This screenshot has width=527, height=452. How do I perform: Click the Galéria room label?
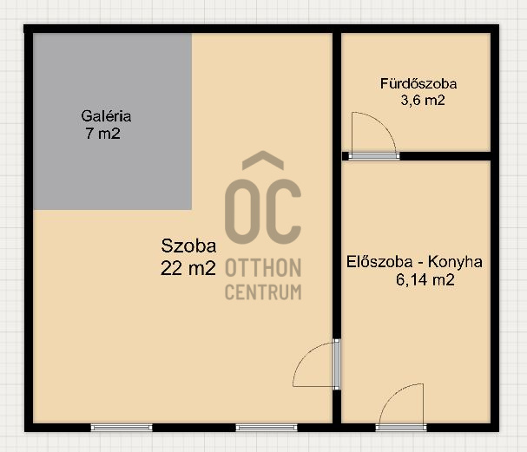pyautogui.click(x=106, y=116)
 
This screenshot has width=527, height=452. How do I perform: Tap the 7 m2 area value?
pyautogui.click(x=102, y=134)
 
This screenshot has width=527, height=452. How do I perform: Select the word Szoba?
pyautogui.click(x=188, y=246)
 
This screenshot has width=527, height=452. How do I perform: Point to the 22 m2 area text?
pyautogui.click(x=188, y=268)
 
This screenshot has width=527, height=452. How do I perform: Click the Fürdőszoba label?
pyautogui.click(x=418, y=83)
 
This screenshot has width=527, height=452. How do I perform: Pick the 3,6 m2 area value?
pyautogui.click(x=423, y=100)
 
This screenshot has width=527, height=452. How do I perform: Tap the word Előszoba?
pyautogui.click(x=379, y=262)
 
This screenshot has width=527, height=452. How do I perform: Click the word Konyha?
pyautogui.click(x=455, y=262)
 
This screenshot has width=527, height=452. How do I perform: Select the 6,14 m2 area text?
pyautogui.click(x=425, y=279)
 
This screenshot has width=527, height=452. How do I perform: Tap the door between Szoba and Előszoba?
pyautogui.click(x=336, y=364)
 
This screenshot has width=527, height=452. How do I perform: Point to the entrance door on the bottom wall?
pyautogui.click(x=401, y=428)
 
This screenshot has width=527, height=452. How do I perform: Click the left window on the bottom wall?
pyautogui.click(x=122, y=428)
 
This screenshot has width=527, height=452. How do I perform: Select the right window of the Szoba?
pyautogui.click(x=267, y=428)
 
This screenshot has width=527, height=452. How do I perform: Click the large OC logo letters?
pyautogui.click(x=263, y=211)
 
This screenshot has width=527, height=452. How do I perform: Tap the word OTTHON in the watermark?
pyautogui.click(x=263, y=268)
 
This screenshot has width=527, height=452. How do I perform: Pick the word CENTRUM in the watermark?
pyautogui.click(x=263, y=292)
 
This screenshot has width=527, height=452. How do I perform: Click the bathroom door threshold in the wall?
pyautogui.click(x=374, y=156)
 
